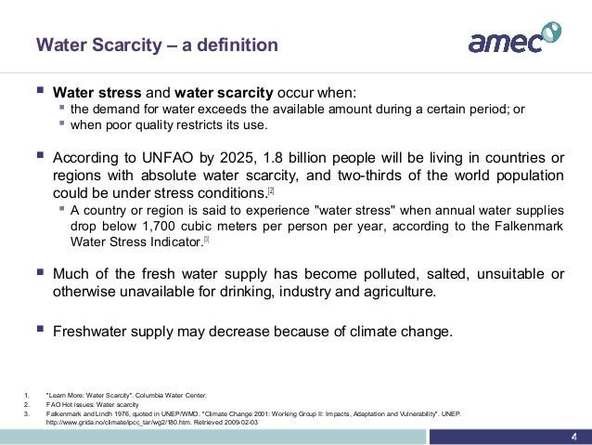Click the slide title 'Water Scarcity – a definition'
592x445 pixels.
[x=156, y=45]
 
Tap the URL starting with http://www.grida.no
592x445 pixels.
[x=154, y=422]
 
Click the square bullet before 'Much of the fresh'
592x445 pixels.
[x=39, y=272]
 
